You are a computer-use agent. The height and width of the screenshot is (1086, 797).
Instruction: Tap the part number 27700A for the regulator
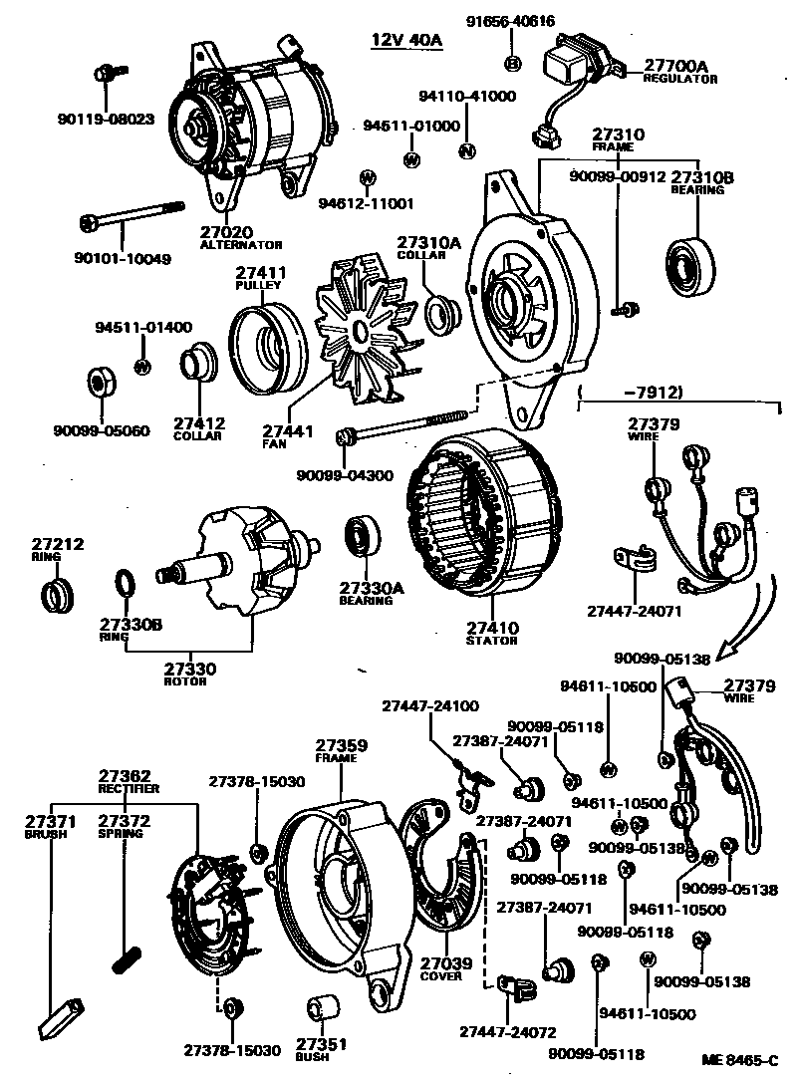click(674, 66)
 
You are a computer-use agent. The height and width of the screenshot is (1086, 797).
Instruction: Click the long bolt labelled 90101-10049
click(130, 220)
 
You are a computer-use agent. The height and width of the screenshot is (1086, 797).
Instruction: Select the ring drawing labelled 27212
click(56, 596)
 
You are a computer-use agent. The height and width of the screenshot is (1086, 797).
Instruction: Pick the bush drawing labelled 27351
click(321, 1008)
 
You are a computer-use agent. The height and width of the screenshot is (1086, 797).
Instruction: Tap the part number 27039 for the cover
click(440, 963)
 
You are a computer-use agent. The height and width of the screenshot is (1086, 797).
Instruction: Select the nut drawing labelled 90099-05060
click(101, 383)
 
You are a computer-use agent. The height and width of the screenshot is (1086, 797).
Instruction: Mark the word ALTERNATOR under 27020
click(241, 244)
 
